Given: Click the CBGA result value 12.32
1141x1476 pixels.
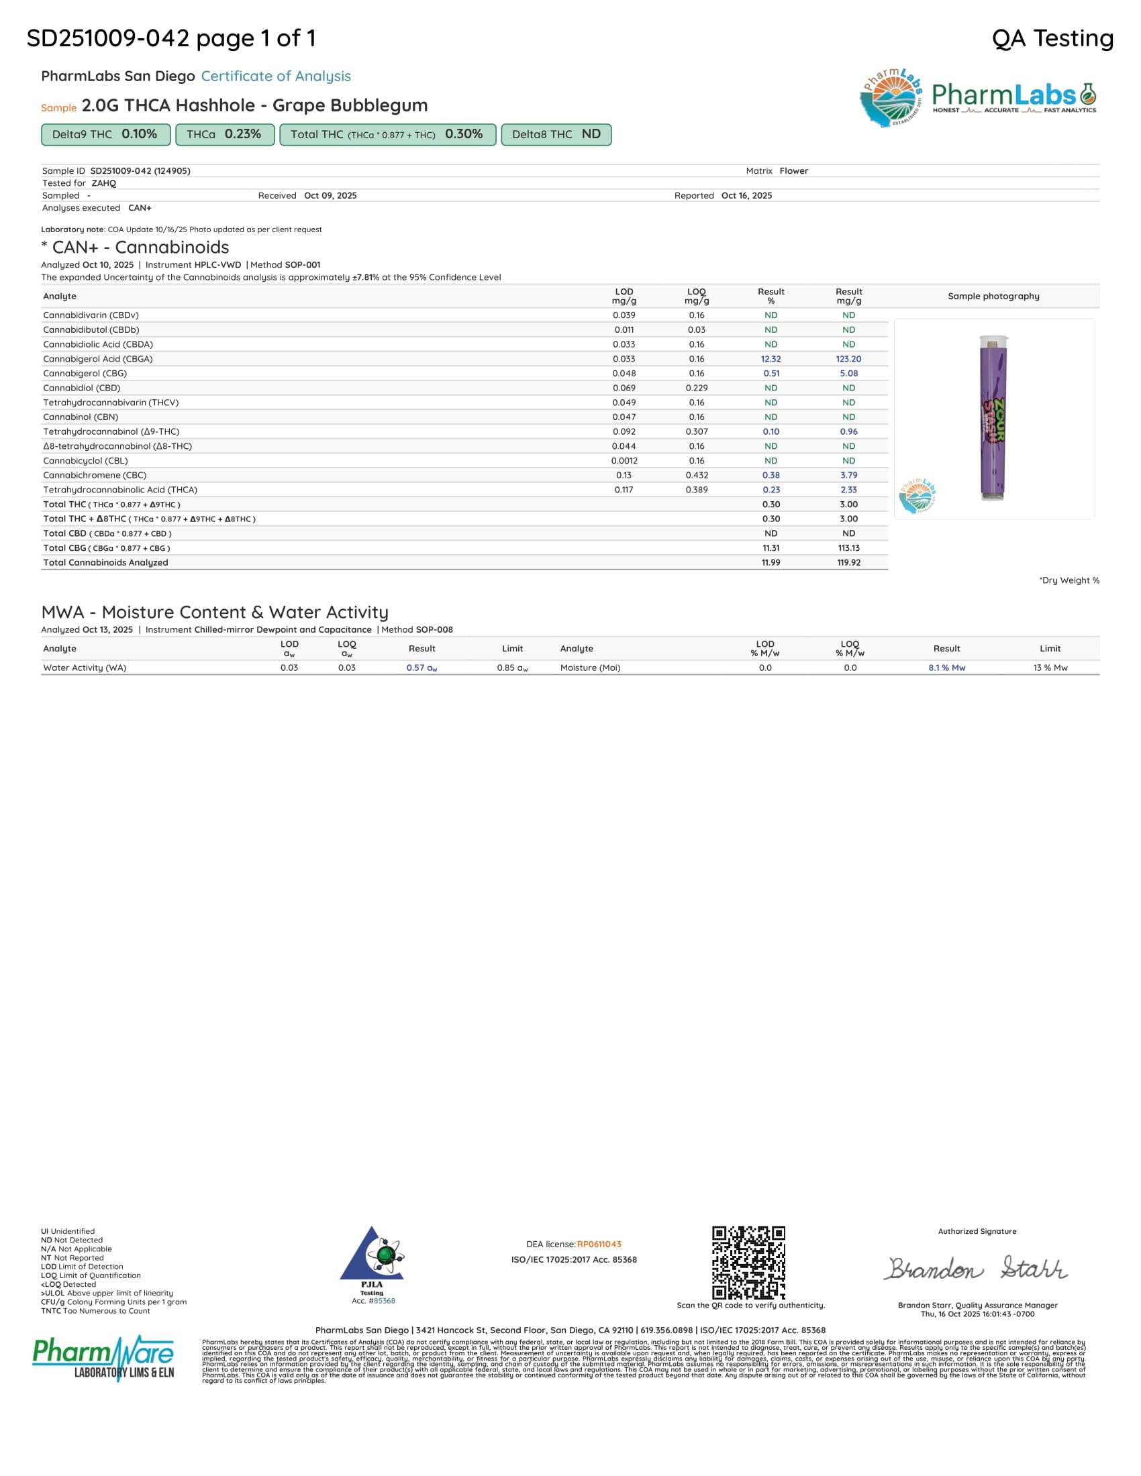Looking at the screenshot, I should [x=771, y=359].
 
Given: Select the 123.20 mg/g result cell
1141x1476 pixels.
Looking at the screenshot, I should [x=848, y=359].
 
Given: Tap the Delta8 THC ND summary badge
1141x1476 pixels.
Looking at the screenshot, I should [x=556, y=134].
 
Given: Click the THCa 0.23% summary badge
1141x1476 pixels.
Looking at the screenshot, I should [x=224, y=134].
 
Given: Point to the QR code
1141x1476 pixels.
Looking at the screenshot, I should [x=748, y=1262].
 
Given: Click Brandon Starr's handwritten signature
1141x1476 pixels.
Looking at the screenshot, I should [x=977, y=1269].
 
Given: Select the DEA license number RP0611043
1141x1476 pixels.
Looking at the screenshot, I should [x=599, y=1244].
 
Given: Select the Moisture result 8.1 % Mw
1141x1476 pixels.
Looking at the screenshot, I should [x=946, y=668].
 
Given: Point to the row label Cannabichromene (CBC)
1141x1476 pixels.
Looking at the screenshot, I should [x=95, y=475].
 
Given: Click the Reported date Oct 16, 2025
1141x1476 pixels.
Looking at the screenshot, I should [x=746, y=195].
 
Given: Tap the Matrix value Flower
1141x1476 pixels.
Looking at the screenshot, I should [x=793, y=171].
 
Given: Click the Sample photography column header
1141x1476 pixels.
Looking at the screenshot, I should [x=993, y=296].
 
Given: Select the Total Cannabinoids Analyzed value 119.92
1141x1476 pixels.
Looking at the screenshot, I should [x=848, y=562].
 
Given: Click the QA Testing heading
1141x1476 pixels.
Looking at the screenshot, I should [x=1052, y=38].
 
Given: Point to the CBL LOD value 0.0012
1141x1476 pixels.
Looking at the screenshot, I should [x=624, y=461].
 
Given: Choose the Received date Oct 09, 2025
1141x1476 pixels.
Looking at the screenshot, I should [x=330, y=195].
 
